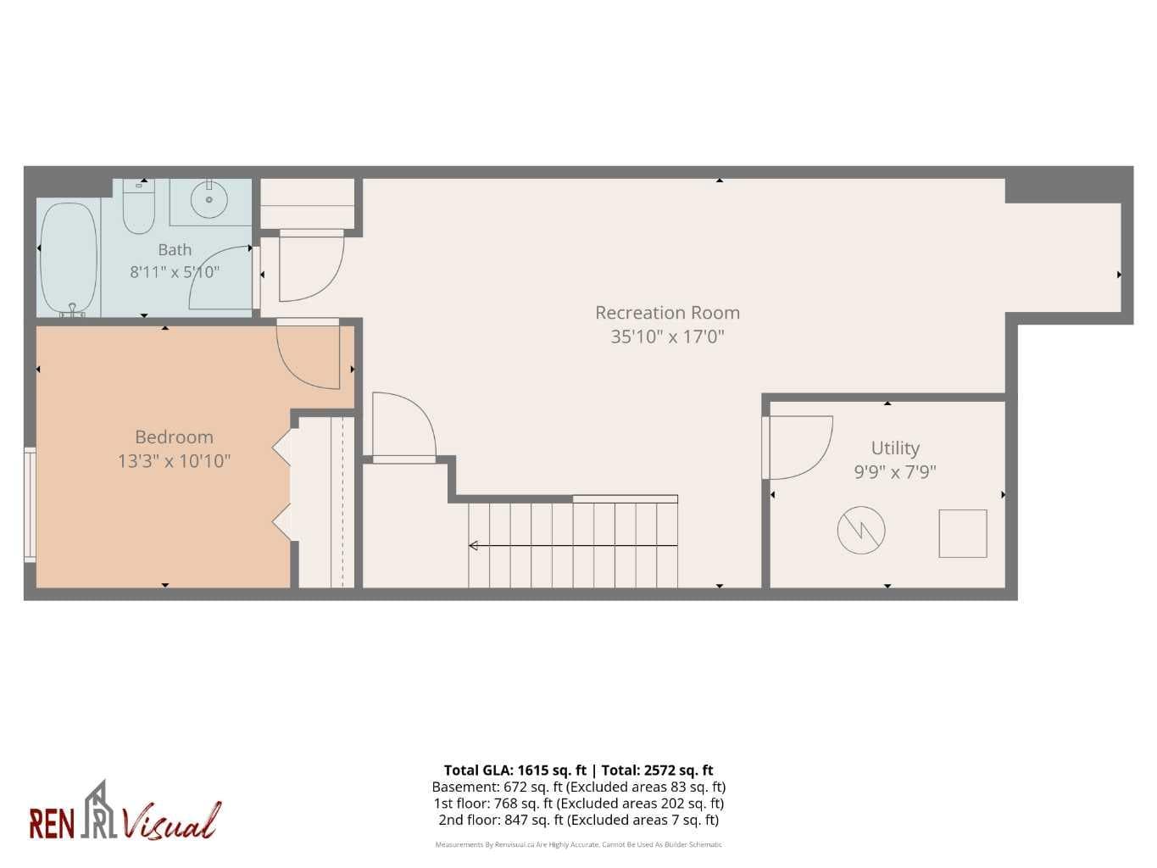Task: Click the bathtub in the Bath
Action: [69, 259]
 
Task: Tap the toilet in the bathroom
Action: [139, 206]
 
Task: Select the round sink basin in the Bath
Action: [209, 200]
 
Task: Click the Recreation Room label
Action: [667, 313]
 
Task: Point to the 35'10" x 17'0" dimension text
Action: [667, 337]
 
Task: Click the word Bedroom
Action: [174, 437]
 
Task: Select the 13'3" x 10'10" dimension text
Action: [174, 461]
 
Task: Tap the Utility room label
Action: [895, 448]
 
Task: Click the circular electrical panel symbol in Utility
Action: [861, 530]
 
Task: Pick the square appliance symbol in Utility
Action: [963, 533]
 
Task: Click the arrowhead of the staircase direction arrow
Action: [473, 545]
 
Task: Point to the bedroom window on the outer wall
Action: [30, 504]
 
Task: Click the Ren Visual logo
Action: [125, 812]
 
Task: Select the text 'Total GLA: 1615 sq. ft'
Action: [515, 770]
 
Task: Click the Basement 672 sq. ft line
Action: [578, 787]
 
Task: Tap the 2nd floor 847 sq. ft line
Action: [578, 820]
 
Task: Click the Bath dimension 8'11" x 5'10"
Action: [175, 272]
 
